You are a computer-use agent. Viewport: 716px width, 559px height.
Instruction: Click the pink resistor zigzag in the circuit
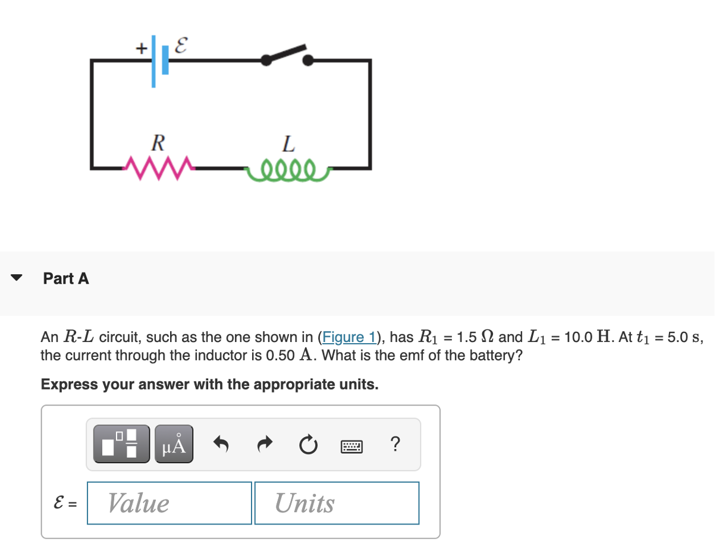click(156, 166)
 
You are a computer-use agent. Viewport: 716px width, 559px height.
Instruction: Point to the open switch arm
click(287, 53)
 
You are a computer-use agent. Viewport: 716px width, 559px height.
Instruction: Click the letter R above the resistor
click(158, 143)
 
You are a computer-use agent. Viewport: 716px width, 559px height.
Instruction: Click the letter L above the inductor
click(288, 143)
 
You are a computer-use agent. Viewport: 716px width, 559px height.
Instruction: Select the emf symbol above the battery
click(183, 44)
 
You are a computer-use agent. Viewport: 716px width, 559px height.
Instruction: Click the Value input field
click(169, 503)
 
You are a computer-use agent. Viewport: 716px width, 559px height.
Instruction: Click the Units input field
click(337, 503)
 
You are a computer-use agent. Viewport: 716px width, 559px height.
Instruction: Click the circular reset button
click(308, 444)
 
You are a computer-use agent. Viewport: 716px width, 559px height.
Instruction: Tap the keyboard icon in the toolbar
click(351, 445)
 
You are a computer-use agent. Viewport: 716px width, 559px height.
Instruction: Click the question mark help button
click(395, 444)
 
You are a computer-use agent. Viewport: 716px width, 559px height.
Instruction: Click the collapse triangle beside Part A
click(17, 278)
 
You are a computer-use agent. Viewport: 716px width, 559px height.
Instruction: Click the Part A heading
click(66, 278)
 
